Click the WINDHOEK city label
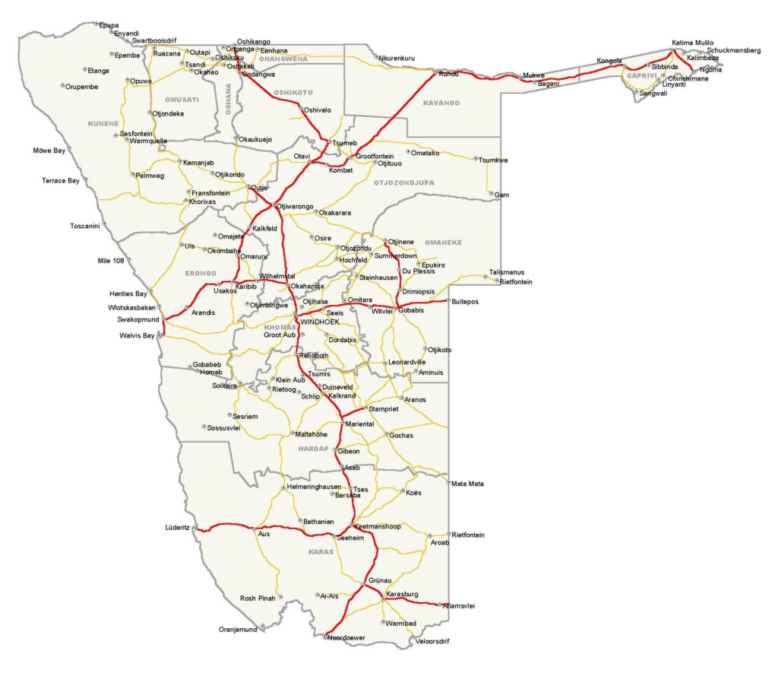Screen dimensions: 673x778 pos(320,322)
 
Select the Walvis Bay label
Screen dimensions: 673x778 pos(137,335)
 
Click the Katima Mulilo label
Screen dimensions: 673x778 pos(693,43)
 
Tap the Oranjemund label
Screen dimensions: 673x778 pos(239,630)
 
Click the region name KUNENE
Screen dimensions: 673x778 pos(103,123)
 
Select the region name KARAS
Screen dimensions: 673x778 pos(321,552)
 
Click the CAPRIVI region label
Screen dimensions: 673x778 pos(640,75)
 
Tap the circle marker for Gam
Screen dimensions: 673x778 pos(492,195)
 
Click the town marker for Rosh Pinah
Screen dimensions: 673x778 pos(280,598)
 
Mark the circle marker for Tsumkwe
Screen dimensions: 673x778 pos(474,160)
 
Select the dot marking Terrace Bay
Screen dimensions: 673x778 pos(85,180)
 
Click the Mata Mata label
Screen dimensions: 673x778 pos(467,484)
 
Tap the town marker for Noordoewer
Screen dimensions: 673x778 pos(324,636)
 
